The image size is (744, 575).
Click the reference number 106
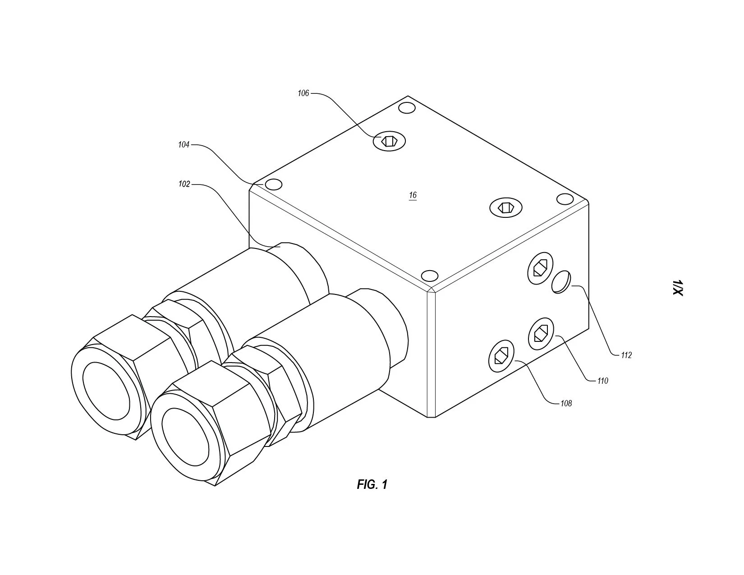(303, 93)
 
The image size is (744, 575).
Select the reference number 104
(184, 145)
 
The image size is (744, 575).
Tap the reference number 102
(184, 184)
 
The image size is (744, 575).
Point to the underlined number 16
(413, 195)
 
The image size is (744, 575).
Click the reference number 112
(626, 355)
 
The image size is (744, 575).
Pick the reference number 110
(602, 381)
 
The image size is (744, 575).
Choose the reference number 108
(566, 404)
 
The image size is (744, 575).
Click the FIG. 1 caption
(372, 484)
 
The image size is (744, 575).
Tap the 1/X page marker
(678, 288)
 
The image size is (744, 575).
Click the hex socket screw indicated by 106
(389, 141)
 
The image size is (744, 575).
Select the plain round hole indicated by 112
(560, 282)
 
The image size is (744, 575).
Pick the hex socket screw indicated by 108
(501, 357)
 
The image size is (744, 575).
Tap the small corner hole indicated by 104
(274, 185)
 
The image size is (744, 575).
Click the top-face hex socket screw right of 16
(506, 207)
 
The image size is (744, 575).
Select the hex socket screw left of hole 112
(540, 268)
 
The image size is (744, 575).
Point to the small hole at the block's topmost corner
(407, 108)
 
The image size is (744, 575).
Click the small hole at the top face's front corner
(430, 276)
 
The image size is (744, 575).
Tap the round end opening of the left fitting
(106, 391)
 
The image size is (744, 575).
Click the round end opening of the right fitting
(185, 437)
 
